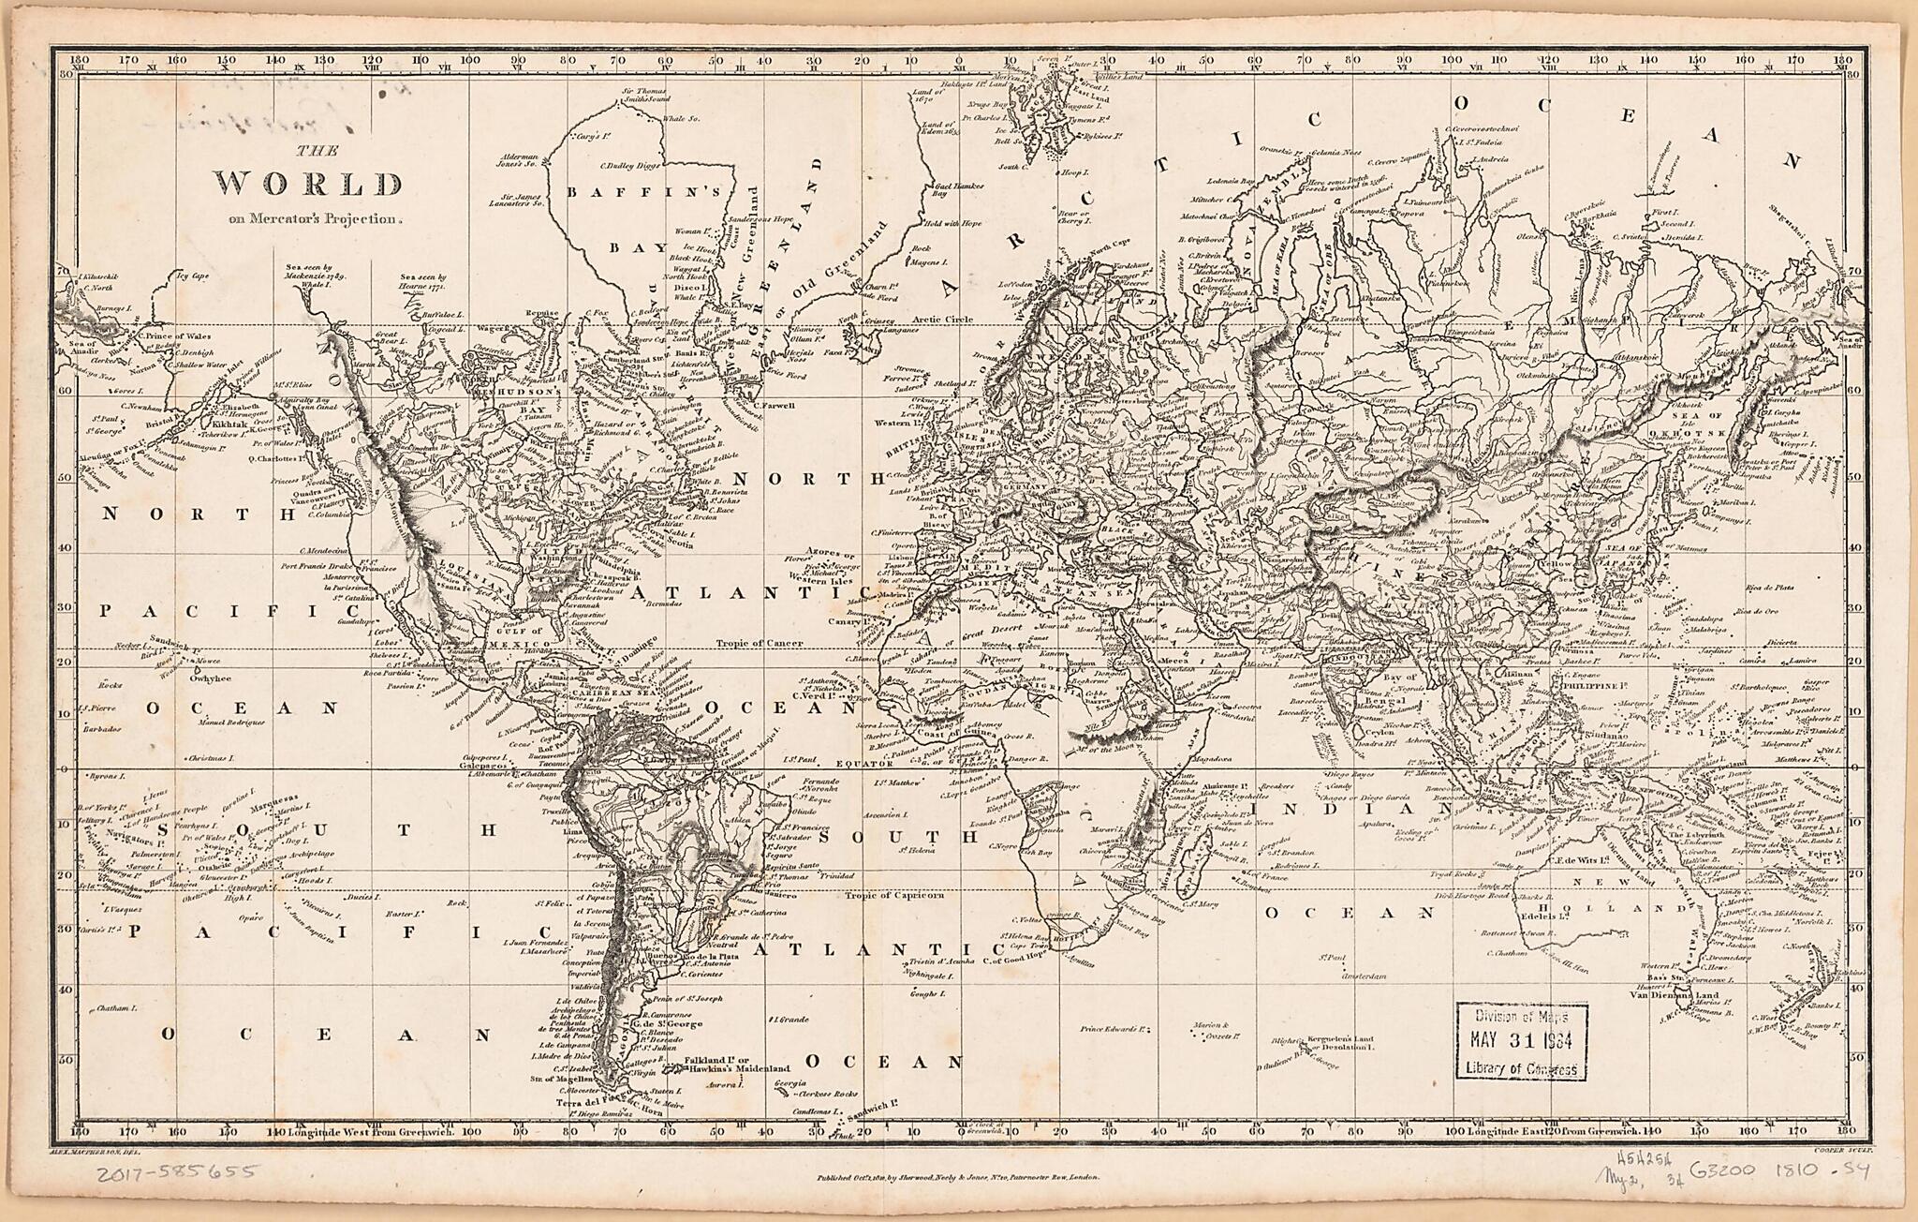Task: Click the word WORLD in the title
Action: [309, 184]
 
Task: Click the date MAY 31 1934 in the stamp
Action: [1522, 1041]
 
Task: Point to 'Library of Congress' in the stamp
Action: [1522, 1069]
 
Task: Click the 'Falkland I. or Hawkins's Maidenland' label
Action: [735, 1065]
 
